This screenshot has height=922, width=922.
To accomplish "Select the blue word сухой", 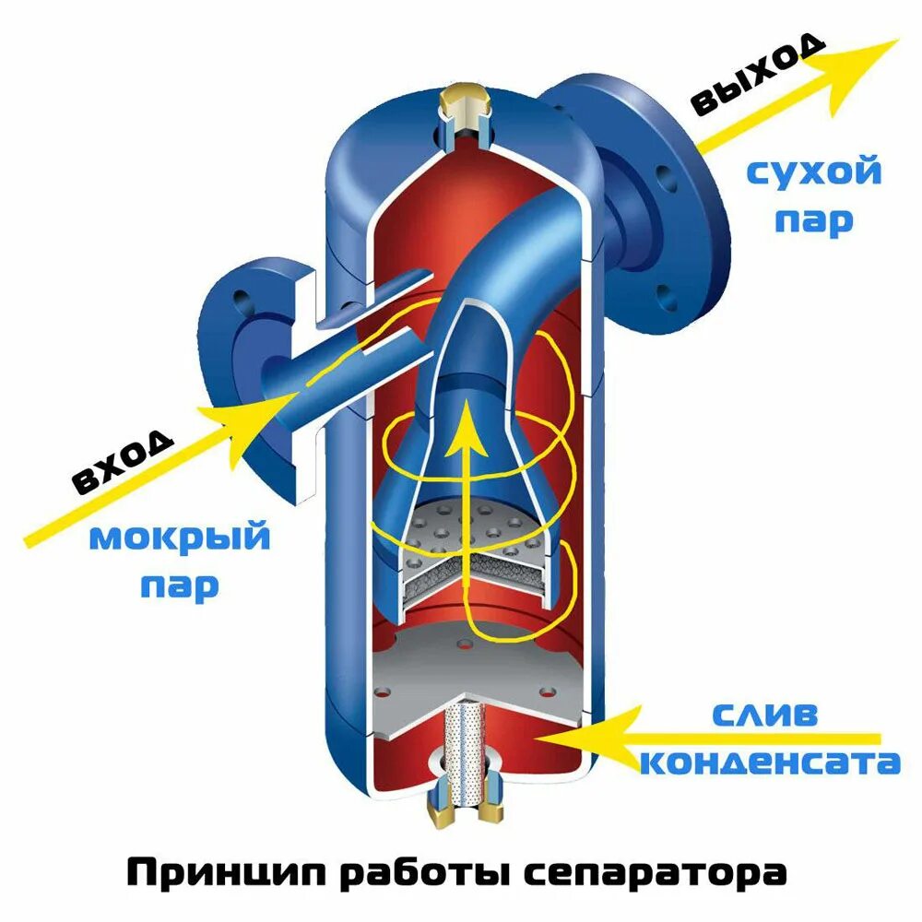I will pos(813,172).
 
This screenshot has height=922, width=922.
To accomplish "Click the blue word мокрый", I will pos(180,538).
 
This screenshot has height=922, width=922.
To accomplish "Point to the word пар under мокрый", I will pos(180,585).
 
